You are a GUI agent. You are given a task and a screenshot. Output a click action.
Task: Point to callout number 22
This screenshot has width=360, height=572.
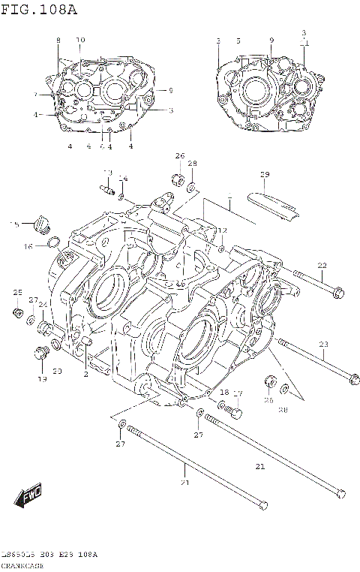point(322,265)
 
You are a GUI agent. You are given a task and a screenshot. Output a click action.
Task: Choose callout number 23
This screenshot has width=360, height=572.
point(324,345)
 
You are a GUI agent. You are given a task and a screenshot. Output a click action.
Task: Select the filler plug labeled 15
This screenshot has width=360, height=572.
point(41,224)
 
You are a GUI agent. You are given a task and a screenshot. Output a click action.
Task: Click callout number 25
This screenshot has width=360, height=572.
point(17,292)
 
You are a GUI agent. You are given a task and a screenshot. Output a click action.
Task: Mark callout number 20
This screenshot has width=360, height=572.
point(57,372)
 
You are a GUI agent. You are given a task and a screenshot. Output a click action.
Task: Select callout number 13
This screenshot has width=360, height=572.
point(107,173)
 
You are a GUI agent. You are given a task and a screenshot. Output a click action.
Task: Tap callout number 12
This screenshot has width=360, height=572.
point(222,230)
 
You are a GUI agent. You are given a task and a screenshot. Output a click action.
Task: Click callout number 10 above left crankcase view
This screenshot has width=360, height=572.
point(80,39)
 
